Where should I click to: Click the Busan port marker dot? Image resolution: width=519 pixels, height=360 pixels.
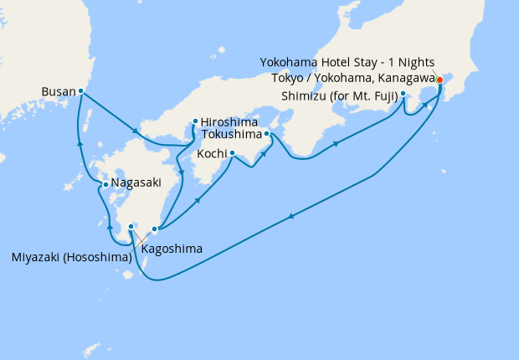click(x=80, y=91)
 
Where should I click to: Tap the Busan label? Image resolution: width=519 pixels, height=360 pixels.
click(x=58, y=91)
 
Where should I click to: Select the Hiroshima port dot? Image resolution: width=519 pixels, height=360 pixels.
click(x=194, y=121)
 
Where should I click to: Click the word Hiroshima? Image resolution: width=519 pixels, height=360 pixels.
click(x=229, y=121)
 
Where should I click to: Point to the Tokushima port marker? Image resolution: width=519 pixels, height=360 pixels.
click(x=267, y=133)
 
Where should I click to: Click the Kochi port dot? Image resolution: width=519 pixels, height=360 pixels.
click(x=232, y=153)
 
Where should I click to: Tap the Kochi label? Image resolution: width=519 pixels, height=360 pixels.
click(x=212, y=154)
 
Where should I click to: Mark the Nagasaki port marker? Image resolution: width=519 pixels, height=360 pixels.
click(x=104, y=184)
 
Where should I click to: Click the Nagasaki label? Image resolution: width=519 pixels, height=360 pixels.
click(x=134, y=184)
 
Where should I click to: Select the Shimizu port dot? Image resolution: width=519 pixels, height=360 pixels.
click(x=403, y=94)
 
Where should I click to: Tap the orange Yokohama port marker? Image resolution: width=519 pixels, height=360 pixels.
click(x=439, y=81)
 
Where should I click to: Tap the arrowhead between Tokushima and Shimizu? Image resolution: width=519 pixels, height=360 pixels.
click(x=337, y=144)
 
